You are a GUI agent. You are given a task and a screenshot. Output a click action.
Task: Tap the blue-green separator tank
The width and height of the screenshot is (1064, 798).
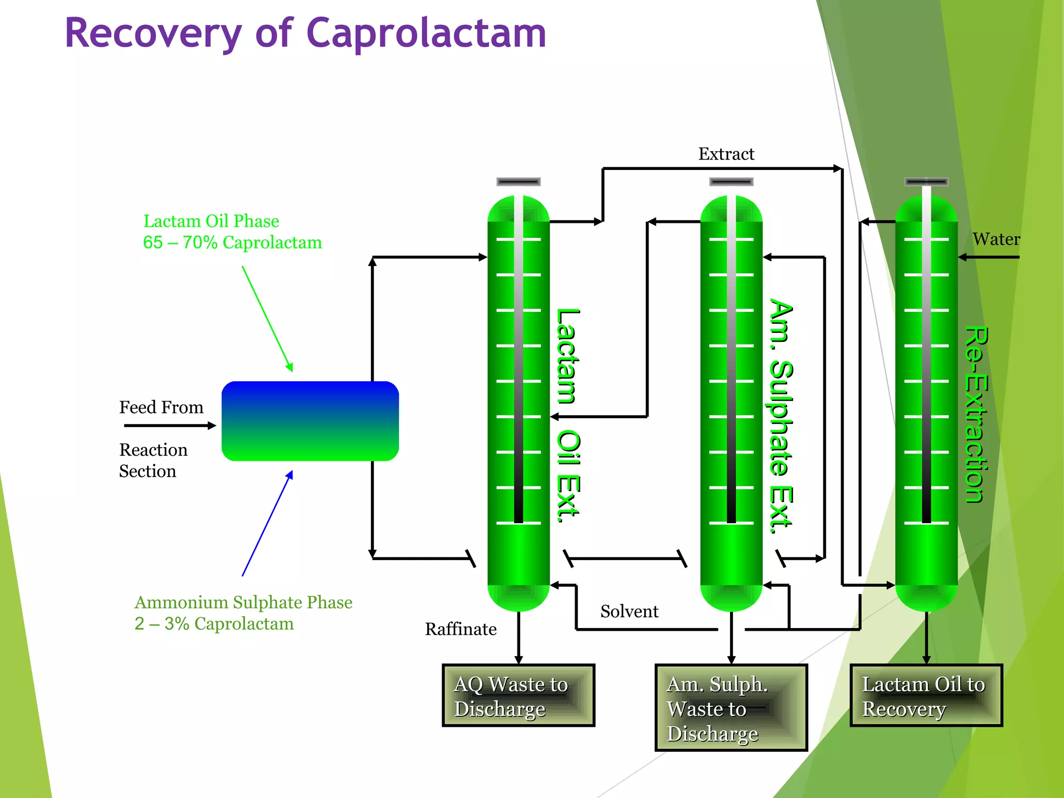[310, 421]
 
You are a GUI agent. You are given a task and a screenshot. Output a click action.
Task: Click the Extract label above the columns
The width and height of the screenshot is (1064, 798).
[726, 154]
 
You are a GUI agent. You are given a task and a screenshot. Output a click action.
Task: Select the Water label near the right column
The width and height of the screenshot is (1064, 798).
[996, 239]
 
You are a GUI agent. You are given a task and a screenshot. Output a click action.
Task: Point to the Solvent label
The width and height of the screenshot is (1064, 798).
[629, 611]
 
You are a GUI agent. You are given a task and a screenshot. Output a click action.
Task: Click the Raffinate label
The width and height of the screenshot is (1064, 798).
[460, 629]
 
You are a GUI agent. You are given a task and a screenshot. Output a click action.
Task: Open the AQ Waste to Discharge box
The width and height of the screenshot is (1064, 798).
[518, 696]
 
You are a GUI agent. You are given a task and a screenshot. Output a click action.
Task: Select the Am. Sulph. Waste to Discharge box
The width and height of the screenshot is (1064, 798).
[731, 708]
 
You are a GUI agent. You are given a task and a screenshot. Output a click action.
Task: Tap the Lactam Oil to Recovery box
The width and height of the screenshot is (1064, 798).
[926, 696]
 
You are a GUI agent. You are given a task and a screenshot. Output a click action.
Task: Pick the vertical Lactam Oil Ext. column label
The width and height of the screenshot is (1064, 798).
[567, 415]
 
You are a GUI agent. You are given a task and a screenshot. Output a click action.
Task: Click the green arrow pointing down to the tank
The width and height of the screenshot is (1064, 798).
[267, 318]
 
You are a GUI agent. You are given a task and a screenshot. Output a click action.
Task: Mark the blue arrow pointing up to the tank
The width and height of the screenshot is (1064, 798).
[267, 524]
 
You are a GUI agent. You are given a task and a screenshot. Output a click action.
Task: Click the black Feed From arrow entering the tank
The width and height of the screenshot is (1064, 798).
[169, 425]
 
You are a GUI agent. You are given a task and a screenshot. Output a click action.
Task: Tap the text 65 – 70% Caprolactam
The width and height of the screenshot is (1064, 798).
[232, 243]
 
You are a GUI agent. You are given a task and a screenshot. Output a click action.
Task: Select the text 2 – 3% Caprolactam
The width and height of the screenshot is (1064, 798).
[214, 623]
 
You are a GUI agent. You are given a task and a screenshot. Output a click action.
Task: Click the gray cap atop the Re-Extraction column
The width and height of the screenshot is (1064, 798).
[926, 182]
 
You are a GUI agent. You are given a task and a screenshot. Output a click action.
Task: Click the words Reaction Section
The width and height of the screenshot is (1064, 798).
[153, 460]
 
